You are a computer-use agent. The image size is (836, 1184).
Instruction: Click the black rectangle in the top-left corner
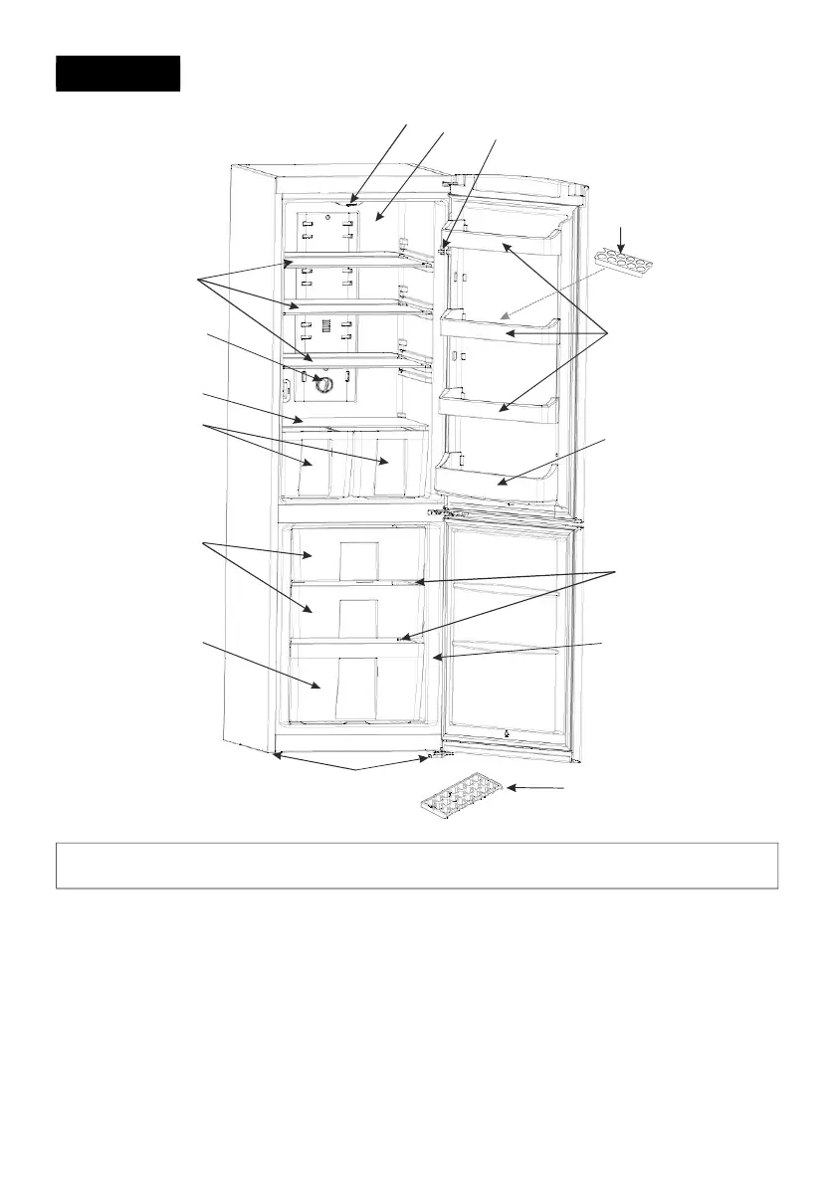117,74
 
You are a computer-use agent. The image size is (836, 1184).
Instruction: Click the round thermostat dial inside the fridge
322,383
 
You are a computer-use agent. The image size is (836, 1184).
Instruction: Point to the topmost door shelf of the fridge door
507,240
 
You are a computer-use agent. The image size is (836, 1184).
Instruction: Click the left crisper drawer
316,466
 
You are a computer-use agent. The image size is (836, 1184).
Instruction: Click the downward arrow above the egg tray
623,237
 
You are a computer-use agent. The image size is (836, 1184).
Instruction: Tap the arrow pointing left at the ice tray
537,788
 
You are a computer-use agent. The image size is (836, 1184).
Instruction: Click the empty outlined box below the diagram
416,866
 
